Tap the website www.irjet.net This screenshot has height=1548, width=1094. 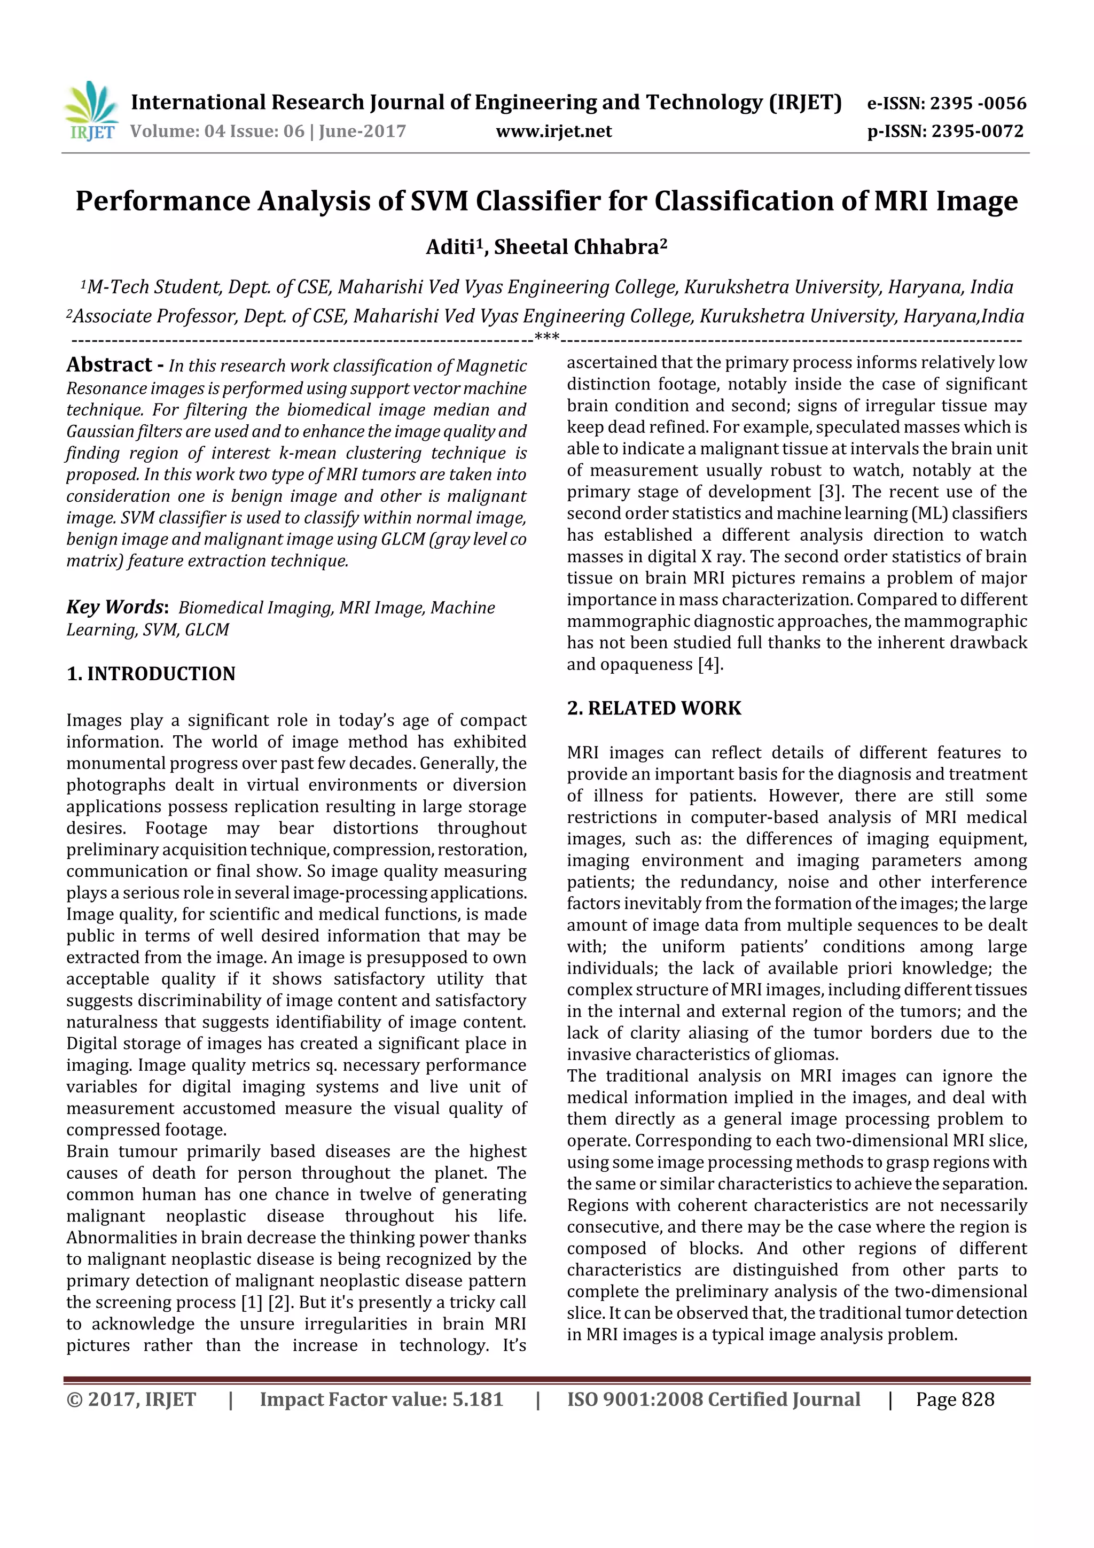553,131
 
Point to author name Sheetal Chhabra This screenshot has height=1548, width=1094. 579,247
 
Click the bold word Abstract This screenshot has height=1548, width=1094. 109,365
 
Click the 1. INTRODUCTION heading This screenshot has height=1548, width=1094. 151,673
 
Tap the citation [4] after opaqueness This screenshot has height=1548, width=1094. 710,664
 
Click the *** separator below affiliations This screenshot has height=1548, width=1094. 546,337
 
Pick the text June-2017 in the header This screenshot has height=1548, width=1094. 362,131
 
